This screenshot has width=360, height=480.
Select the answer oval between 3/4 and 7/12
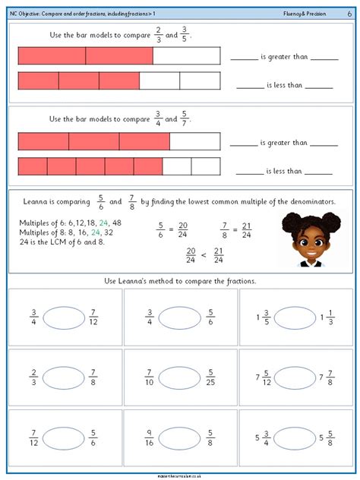[64, 317]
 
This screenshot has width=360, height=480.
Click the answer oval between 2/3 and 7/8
[64, 377]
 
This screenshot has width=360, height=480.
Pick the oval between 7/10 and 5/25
[180, 377]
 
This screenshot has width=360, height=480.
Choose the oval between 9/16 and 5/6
[180, 437]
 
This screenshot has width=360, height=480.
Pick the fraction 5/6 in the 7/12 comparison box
[93, 437]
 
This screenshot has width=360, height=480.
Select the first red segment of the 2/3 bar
[51, 55]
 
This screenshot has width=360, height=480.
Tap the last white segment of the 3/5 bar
[200, 81]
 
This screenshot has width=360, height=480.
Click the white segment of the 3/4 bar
[194, 141]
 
